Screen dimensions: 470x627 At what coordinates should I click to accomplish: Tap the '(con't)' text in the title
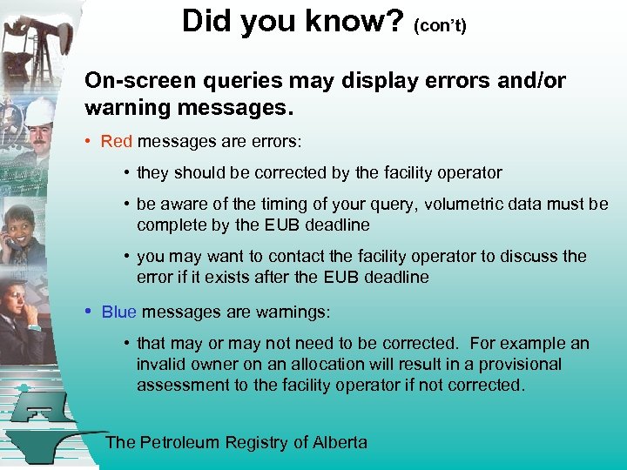pyautogui.click(x=441, y=25)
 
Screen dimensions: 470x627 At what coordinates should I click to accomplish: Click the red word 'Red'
pyautogui.click(x=117, y=141)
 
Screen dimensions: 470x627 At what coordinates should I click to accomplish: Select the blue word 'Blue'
pyautogui.click(x=119, y=312)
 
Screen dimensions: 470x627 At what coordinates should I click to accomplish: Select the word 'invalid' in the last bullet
pyautogui.click(x=161, y=364)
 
